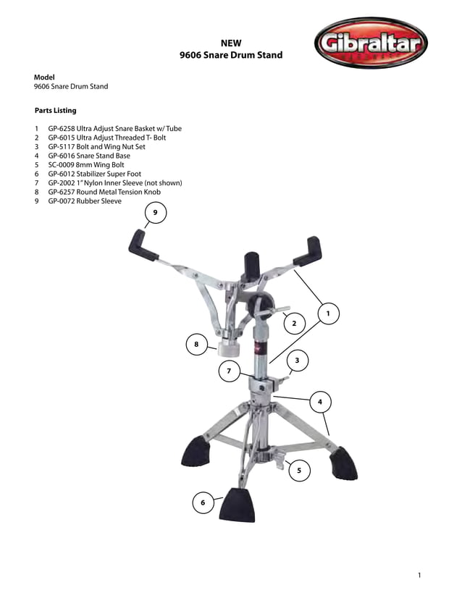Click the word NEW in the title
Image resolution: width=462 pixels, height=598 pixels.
pos(230,43)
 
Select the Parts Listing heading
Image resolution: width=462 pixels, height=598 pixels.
pos(55,111)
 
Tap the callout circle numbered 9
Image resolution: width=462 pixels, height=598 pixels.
pos(155,212)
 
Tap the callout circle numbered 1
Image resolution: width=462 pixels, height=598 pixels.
pos(328,313)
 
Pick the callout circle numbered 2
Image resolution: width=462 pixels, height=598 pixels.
pos(294,322)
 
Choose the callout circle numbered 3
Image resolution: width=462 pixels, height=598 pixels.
pos(297,360)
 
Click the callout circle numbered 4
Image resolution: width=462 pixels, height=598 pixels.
pos(319,401)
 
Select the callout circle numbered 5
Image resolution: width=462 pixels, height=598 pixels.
pos(299,470)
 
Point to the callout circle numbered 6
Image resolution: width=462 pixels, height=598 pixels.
pos(203,502)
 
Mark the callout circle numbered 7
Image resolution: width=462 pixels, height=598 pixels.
pos(229,371)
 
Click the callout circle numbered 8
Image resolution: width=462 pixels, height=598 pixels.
pos(196,345)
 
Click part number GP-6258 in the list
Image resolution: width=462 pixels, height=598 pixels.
pos(64,128)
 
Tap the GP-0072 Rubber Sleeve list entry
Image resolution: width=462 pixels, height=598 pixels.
pos(85,202)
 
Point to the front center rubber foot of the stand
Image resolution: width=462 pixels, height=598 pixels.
pos(238,504)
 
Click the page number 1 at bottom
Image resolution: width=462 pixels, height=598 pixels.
pos(419,575)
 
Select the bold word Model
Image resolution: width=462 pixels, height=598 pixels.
pos(45,77)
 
